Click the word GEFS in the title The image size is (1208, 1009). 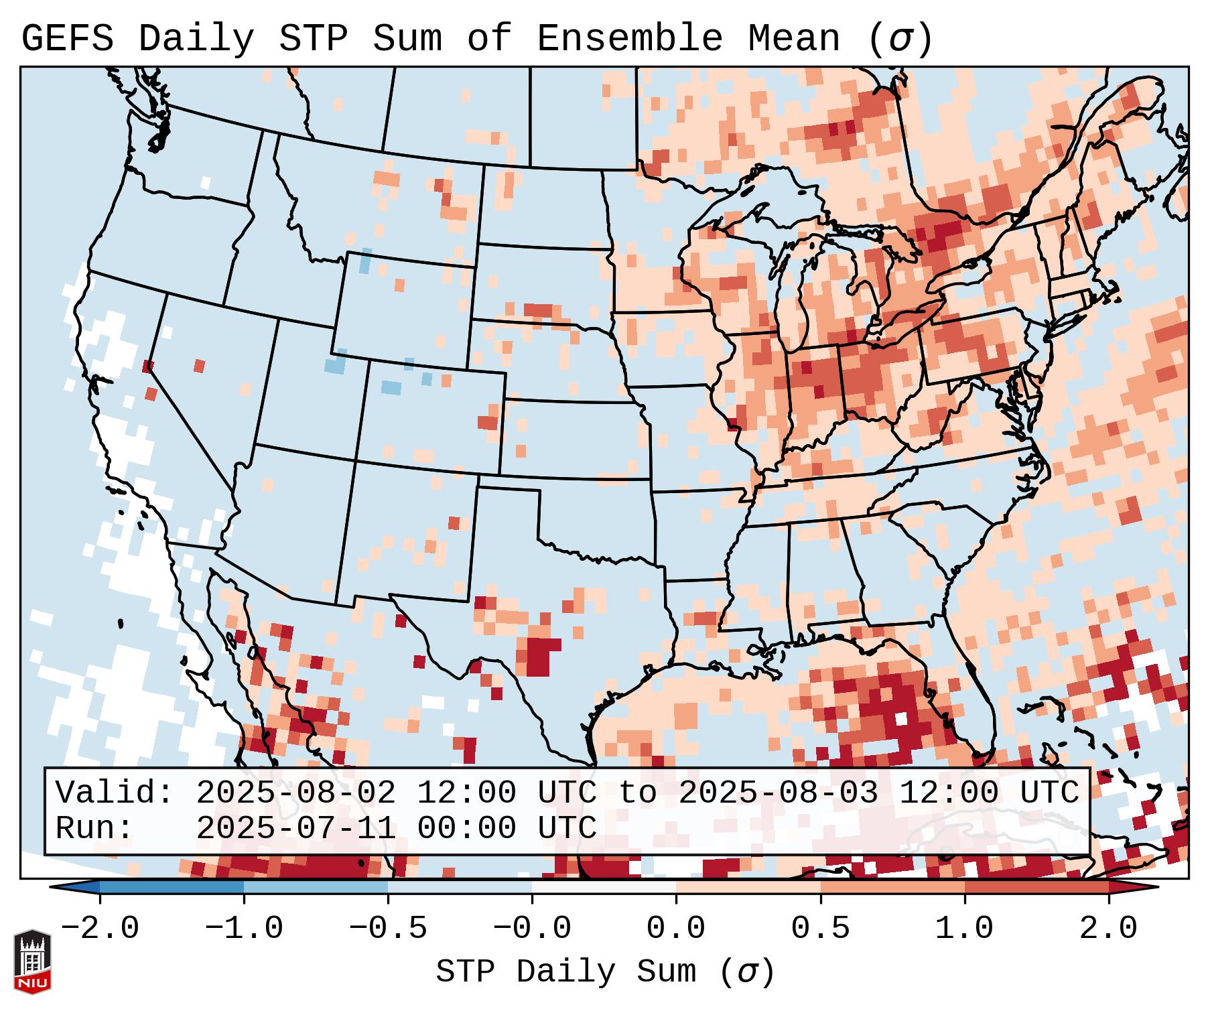pyautogui.click(x=67, y=40)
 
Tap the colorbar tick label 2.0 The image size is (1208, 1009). pyautogui.click(x=1108, y=929)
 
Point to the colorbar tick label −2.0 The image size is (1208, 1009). pyautogui.click(x=99, y=929)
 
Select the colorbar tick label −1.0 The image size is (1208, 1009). pyautogui.click(x=243, y=929)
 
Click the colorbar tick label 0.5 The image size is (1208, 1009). pyautogui.click(x=820, y=929)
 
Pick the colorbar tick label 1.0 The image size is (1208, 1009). pyautogui.click(x=964, y=929)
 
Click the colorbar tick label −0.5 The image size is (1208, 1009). pyautogui.click(x=387, y=929)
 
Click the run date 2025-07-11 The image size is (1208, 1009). pyautogui.click(x=295, y=829)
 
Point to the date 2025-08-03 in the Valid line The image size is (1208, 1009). pyautogui.click(x=778, y=793)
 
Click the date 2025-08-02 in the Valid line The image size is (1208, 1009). pyautogui.click(x=295, y=793)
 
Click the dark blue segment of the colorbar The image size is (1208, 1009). pyautogui.click(x=172, y=887)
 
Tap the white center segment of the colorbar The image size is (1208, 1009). pyautogui.click(x=604, y=887)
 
